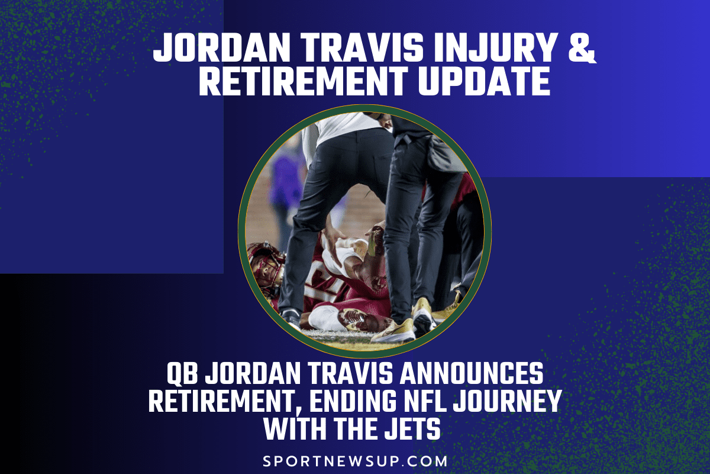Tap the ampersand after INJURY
[583, 48]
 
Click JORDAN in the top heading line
[222, 48]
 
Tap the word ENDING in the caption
[353, 401]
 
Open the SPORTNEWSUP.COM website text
[356, 462]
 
